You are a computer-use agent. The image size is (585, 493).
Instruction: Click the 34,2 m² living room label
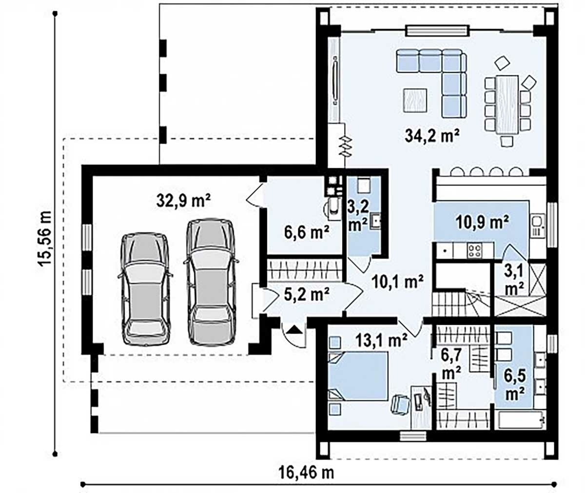point(432,137)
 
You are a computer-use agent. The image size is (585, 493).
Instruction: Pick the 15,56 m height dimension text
point(45,238)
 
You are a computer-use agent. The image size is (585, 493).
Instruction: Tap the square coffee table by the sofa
point(415,101)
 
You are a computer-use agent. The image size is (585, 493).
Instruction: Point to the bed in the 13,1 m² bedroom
point(358,376)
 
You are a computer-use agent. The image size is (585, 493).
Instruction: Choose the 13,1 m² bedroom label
point(381,341)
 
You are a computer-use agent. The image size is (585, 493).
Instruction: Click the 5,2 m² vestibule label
point(307,294)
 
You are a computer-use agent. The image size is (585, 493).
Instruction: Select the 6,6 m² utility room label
point(307,232)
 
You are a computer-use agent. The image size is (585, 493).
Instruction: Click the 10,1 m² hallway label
point(398,282)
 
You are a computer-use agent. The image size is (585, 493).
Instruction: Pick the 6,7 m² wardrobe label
point(451,364)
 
